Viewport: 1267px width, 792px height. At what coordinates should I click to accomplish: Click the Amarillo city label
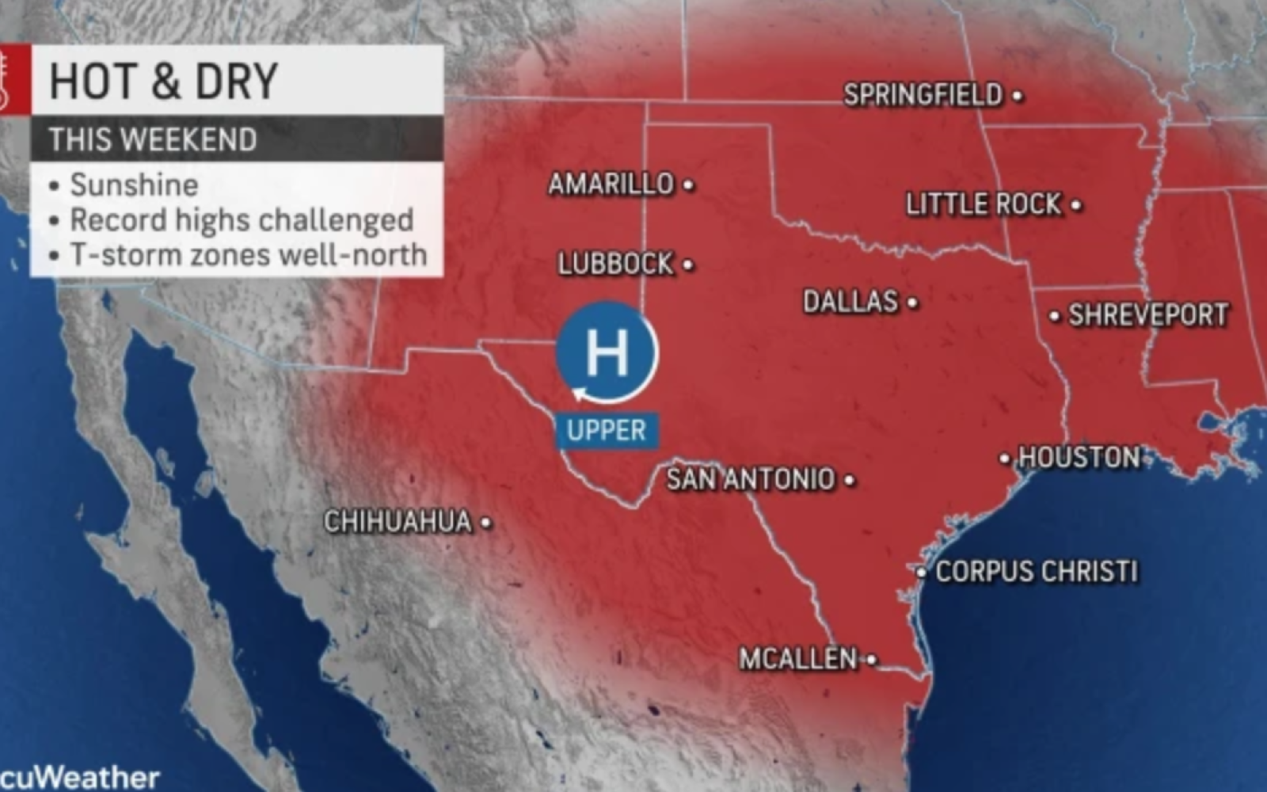pyautogui.click(x=611, y=185)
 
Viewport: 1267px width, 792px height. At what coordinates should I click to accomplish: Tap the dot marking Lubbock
pyautogui.click(x=688, y=265)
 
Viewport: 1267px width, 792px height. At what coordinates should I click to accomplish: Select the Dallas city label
pyautogui.click(x=850, y=302)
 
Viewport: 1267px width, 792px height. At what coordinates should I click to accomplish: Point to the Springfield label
pyautogui.click(x=923, y=95)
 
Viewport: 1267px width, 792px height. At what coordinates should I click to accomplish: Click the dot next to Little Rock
pyautogui.click(x=1076, y=205)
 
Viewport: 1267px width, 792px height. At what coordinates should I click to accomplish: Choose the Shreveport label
pyautogui.click(x=1148, y=315)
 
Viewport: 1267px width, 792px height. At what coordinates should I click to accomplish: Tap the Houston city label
pyautogui.click(x=1079, y=457)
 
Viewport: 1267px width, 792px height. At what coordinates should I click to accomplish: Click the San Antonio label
pyautogui.click(x=751, y=479)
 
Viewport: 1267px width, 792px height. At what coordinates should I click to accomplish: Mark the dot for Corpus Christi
pyautogui.click(x=922, y=572)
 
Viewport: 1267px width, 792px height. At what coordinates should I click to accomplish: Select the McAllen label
pyautogui.click(x=798, y=659)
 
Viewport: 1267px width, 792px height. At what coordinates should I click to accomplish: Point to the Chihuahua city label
pyautogui.click(x=398, y=522)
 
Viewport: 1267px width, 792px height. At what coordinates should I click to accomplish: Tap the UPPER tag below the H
pyautogui.click(x=607, y=431)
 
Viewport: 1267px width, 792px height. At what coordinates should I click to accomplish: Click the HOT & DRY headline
pyautogui.click(x=164, y=81)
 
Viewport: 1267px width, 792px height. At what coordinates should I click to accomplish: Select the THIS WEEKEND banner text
pyautogui.click(x=153, y=139)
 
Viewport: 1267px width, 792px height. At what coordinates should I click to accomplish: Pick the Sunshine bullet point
pyautogui.click(x=134, y=185)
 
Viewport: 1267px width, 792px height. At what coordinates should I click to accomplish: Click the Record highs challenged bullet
pyautogui.click(x=242, y=220)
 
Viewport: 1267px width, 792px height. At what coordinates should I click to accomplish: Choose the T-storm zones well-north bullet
pyautogui.click(x=248, y=255)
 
